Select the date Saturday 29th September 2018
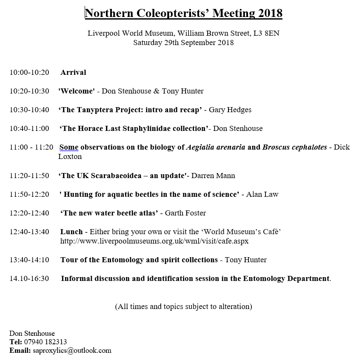tap(183, 43)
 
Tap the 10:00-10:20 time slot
tap(29, 72)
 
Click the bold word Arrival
tap(73, 72)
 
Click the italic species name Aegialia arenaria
tap(216, 147)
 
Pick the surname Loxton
tap(70, 156)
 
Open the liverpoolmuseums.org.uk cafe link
tap(154, 241)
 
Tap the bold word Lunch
tap(71, 232)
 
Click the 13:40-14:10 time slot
tap(29, 260)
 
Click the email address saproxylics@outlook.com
tap(72, 351)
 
